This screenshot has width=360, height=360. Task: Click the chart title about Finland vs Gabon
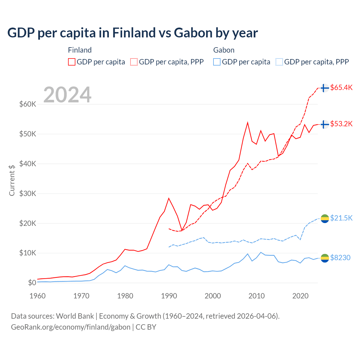(132, 33)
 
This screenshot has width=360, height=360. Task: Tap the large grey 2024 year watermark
(67, 95)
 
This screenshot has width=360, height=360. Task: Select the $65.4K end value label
(341, 87)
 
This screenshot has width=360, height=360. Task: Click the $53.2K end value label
(341, 124)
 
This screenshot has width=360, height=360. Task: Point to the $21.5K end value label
(341, 218)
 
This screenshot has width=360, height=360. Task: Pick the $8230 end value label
(340, 258)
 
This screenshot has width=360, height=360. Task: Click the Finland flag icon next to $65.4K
(325, 88)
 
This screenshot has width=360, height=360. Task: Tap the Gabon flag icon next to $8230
(325, 258)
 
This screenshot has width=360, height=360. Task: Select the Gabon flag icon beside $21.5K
(325, 218)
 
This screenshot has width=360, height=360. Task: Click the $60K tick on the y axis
(28, 104)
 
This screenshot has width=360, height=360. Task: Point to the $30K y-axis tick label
(28, 193)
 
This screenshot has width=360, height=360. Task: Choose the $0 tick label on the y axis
(32, 283)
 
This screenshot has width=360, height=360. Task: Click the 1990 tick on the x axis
(169, 296)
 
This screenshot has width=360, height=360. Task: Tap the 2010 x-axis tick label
(256, 296)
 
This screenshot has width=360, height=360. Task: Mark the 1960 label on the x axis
(38, 296)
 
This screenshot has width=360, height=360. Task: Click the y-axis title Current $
(12, 180)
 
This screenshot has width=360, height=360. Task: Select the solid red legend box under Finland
(72, 62)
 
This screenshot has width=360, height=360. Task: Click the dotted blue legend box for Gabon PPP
(279, 62)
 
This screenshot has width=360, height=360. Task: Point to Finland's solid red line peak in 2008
(247, 123)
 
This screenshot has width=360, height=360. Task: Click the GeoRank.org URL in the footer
(71, 327)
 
